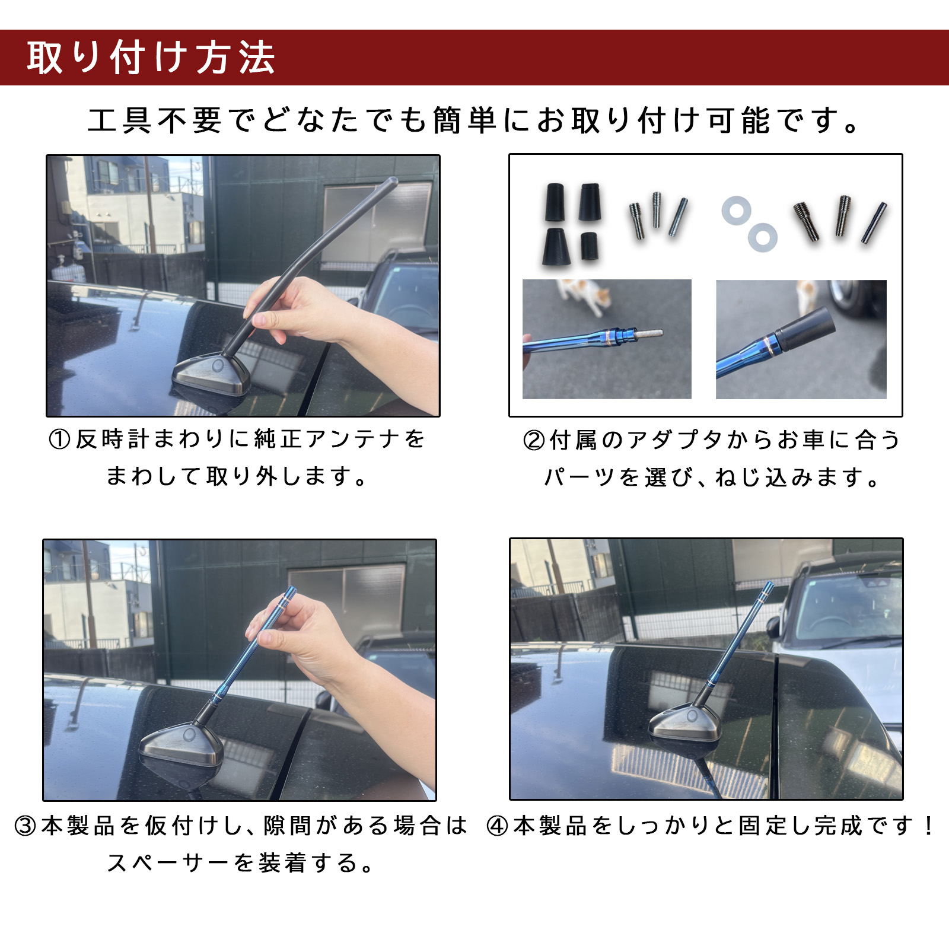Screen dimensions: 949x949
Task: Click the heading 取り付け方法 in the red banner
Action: [151, 58]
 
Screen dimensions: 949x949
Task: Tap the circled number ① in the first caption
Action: [59, 440]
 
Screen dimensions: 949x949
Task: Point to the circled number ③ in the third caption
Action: [26, 826]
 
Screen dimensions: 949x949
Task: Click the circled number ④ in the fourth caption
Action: [498, 826]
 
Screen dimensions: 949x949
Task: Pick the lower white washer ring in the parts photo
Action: [762, 237]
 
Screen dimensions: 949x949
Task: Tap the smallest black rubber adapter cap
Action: [589, 246]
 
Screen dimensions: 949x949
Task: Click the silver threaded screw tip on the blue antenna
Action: [650, 333]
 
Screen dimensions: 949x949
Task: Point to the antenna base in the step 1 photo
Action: [212, 374]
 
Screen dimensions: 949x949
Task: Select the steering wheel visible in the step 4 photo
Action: [830, 623]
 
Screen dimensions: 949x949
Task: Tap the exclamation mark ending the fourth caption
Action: [928, 826]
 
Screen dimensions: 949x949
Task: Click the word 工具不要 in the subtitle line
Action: [154, 120]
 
